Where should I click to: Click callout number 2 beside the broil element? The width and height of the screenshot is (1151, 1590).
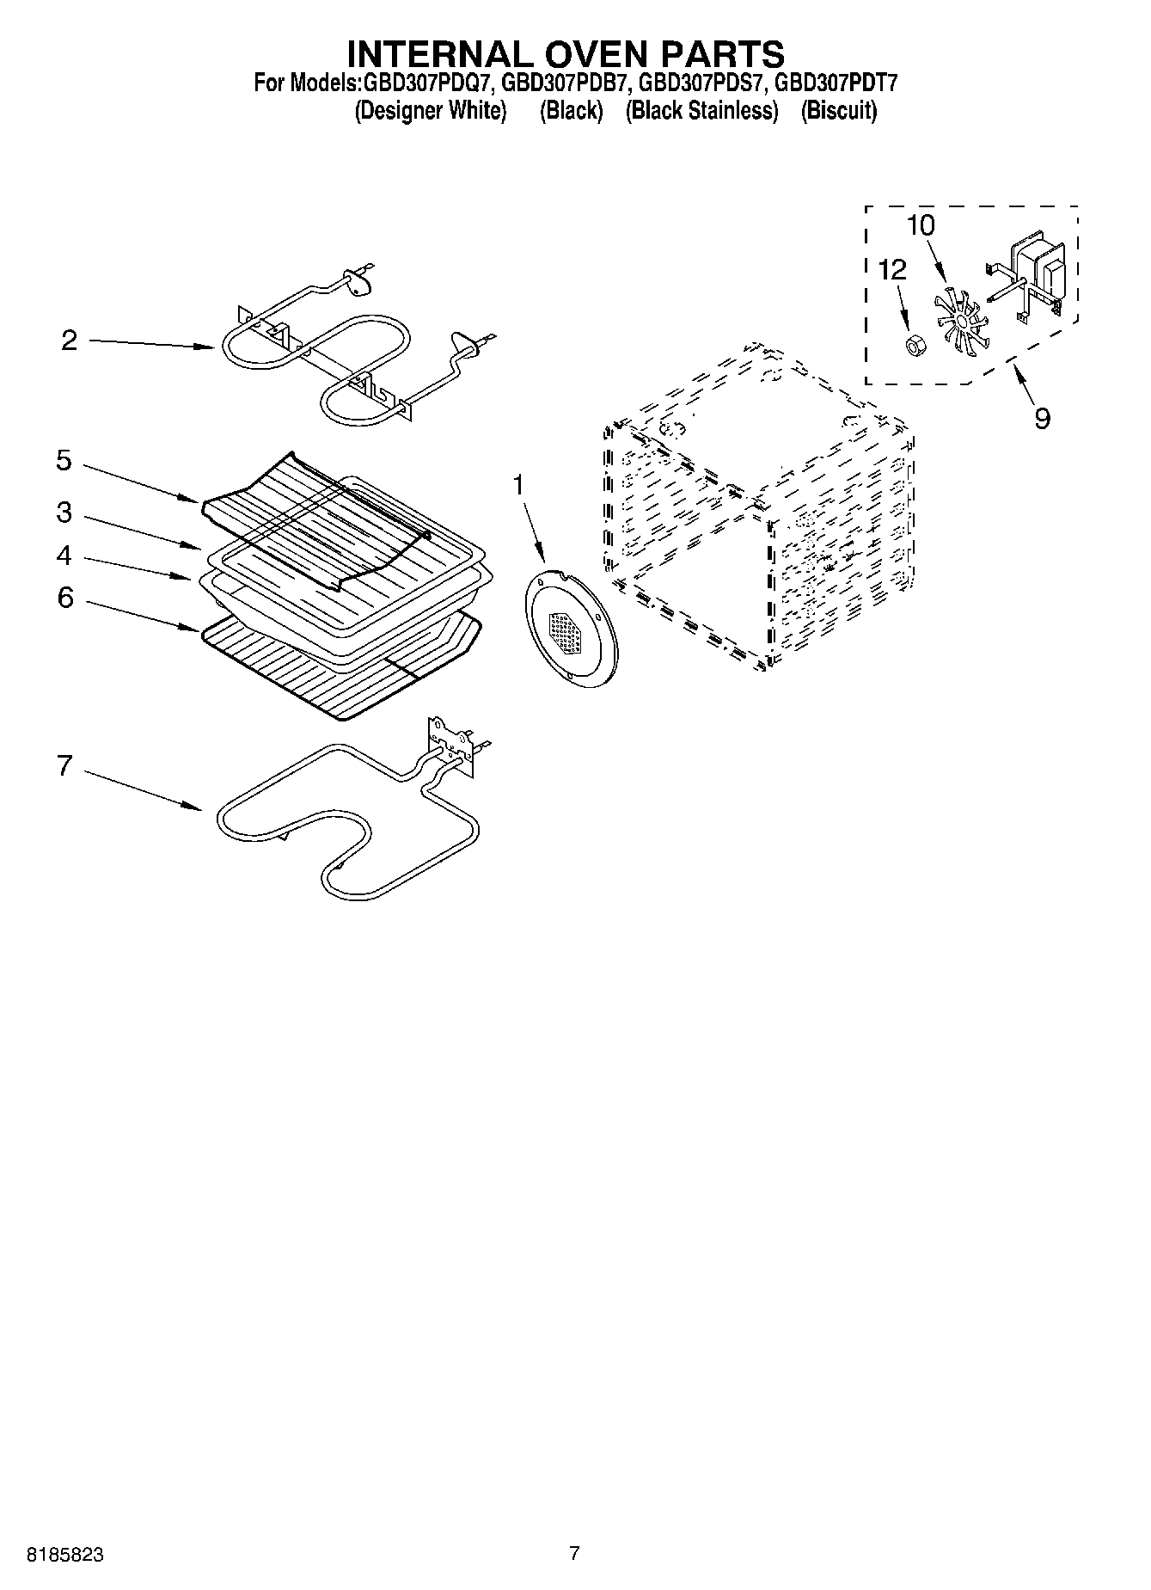pos(70,341)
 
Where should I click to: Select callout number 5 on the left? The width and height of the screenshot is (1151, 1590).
pos(64,461)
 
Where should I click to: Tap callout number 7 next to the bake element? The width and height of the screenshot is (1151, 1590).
pos(64,765)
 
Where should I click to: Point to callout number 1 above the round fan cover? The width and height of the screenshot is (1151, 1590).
pos(517,485)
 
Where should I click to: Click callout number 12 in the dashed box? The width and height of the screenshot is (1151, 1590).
pos(892,270)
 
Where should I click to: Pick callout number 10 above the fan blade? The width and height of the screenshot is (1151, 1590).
pos(920,225)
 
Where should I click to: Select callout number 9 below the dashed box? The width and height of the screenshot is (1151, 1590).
pos(1042,419)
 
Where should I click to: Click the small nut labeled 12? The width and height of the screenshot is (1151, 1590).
pos(916,346)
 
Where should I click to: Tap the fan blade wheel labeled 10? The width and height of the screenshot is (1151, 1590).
pos(957,319)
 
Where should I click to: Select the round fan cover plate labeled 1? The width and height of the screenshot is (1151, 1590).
pos(570,623)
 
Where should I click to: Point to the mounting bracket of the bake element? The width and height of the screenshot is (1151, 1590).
pos(450,742)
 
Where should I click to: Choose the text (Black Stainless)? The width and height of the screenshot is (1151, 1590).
pos(701,111)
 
